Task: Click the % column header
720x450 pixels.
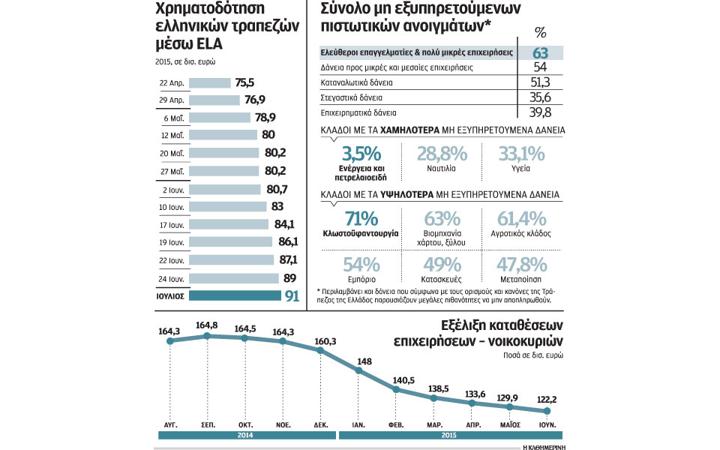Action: tap(539, 32)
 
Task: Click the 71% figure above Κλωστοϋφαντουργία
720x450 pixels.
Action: tap(361, 219)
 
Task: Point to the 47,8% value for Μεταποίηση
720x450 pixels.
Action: tap(520, 264)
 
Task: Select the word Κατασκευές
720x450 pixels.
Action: tap(440, 278)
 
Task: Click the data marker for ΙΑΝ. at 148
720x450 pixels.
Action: tap(358, 368)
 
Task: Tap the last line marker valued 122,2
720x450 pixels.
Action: tap(547, 411)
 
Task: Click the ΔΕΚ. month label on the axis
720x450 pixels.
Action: tap(320, 424)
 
